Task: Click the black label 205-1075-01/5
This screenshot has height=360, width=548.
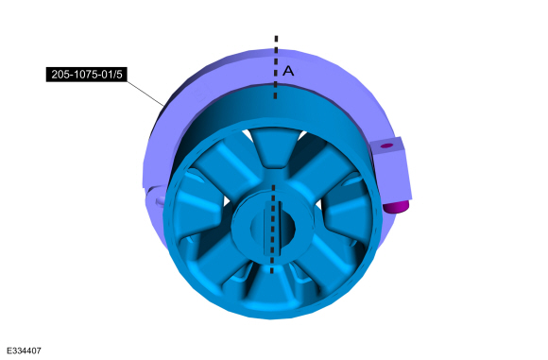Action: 86,75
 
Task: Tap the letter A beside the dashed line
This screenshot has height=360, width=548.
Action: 288,71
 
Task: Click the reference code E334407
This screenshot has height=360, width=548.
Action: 25,351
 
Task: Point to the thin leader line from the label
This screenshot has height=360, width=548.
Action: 146,94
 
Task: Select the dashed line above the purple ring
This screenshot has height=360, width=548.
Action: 276,67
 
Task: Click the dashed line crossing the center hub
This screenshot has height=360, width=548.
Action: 273,229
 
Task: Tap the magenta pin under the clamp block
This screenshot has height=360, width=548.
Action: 396,206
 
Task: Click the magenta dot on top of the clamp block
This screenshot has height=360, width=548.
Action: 385,146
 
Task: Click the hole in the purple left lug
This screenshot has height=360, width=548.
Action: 160,200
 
